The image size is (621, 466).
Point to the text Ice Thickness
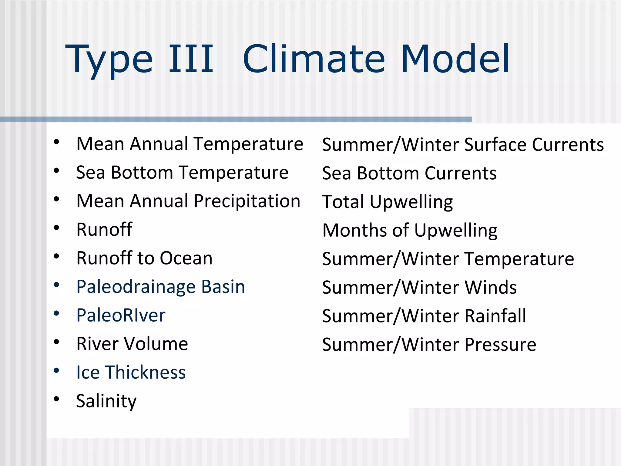point(131,372)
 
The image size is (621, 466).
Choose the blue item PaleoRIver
point(121,315)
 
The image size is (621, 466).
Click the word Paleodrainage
point(136,287)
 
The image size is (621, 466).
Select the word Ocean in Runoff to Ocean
point(186,258)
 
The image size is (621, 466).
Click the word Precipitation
point(247,201)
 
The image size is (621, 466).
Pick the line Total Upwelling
point(387,202)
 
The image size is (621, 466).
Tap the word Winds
point(490,287)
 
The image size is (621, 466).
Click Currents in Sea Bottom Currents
point(460,173)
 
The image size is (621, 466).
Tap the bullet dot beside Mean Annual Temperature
point(56,142)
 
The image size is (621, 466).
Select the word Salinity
point(106,401)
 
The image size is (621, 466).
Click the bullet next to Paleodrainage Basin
point(56,285)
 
